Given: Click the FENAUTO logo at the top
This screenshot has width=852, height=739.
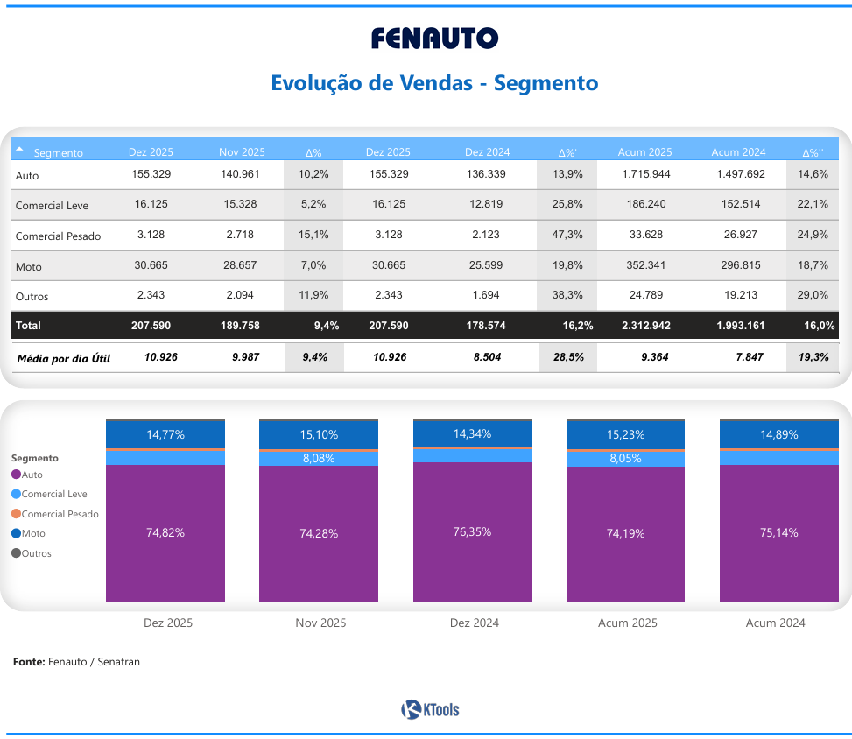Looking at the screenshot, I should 434,39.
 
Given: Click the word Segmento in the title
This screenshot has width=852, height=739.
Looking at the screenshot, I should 546,83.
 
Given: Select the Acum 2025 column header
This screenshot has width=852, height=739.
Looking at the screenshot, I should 644,152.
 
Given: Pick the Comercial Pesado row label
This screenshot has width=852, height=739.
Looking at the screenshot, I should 58,236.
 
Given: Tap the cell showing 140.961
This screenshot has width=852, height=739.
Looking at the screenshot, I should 241,174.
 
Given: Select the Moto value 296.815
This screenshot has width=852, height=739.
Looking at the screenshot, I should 740,265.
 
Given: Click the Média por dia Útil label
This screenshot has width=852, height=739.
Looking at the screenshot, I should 64,358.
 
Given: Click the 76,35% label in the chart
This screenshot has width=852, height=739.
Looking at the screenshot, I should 473,531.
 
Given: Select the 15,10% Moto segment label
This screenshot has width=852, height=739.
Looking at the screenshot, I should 319,435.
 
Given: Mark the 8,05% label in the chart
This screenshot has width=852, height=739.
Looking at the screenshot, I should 625,458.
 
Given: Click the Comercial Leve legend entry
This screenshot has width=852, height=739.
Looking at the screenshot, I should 54,494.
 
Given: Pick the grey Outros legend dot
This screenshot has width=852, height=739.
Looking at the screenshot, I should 16,553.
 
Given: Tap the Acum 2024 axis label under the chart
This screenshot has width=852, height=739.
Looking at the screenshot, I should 775,623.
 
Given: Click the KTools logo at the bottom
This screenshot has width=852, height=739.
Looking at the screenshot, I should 430,709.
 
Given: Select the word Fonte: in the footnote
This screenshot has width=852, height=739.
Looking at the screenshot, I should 29,662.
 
